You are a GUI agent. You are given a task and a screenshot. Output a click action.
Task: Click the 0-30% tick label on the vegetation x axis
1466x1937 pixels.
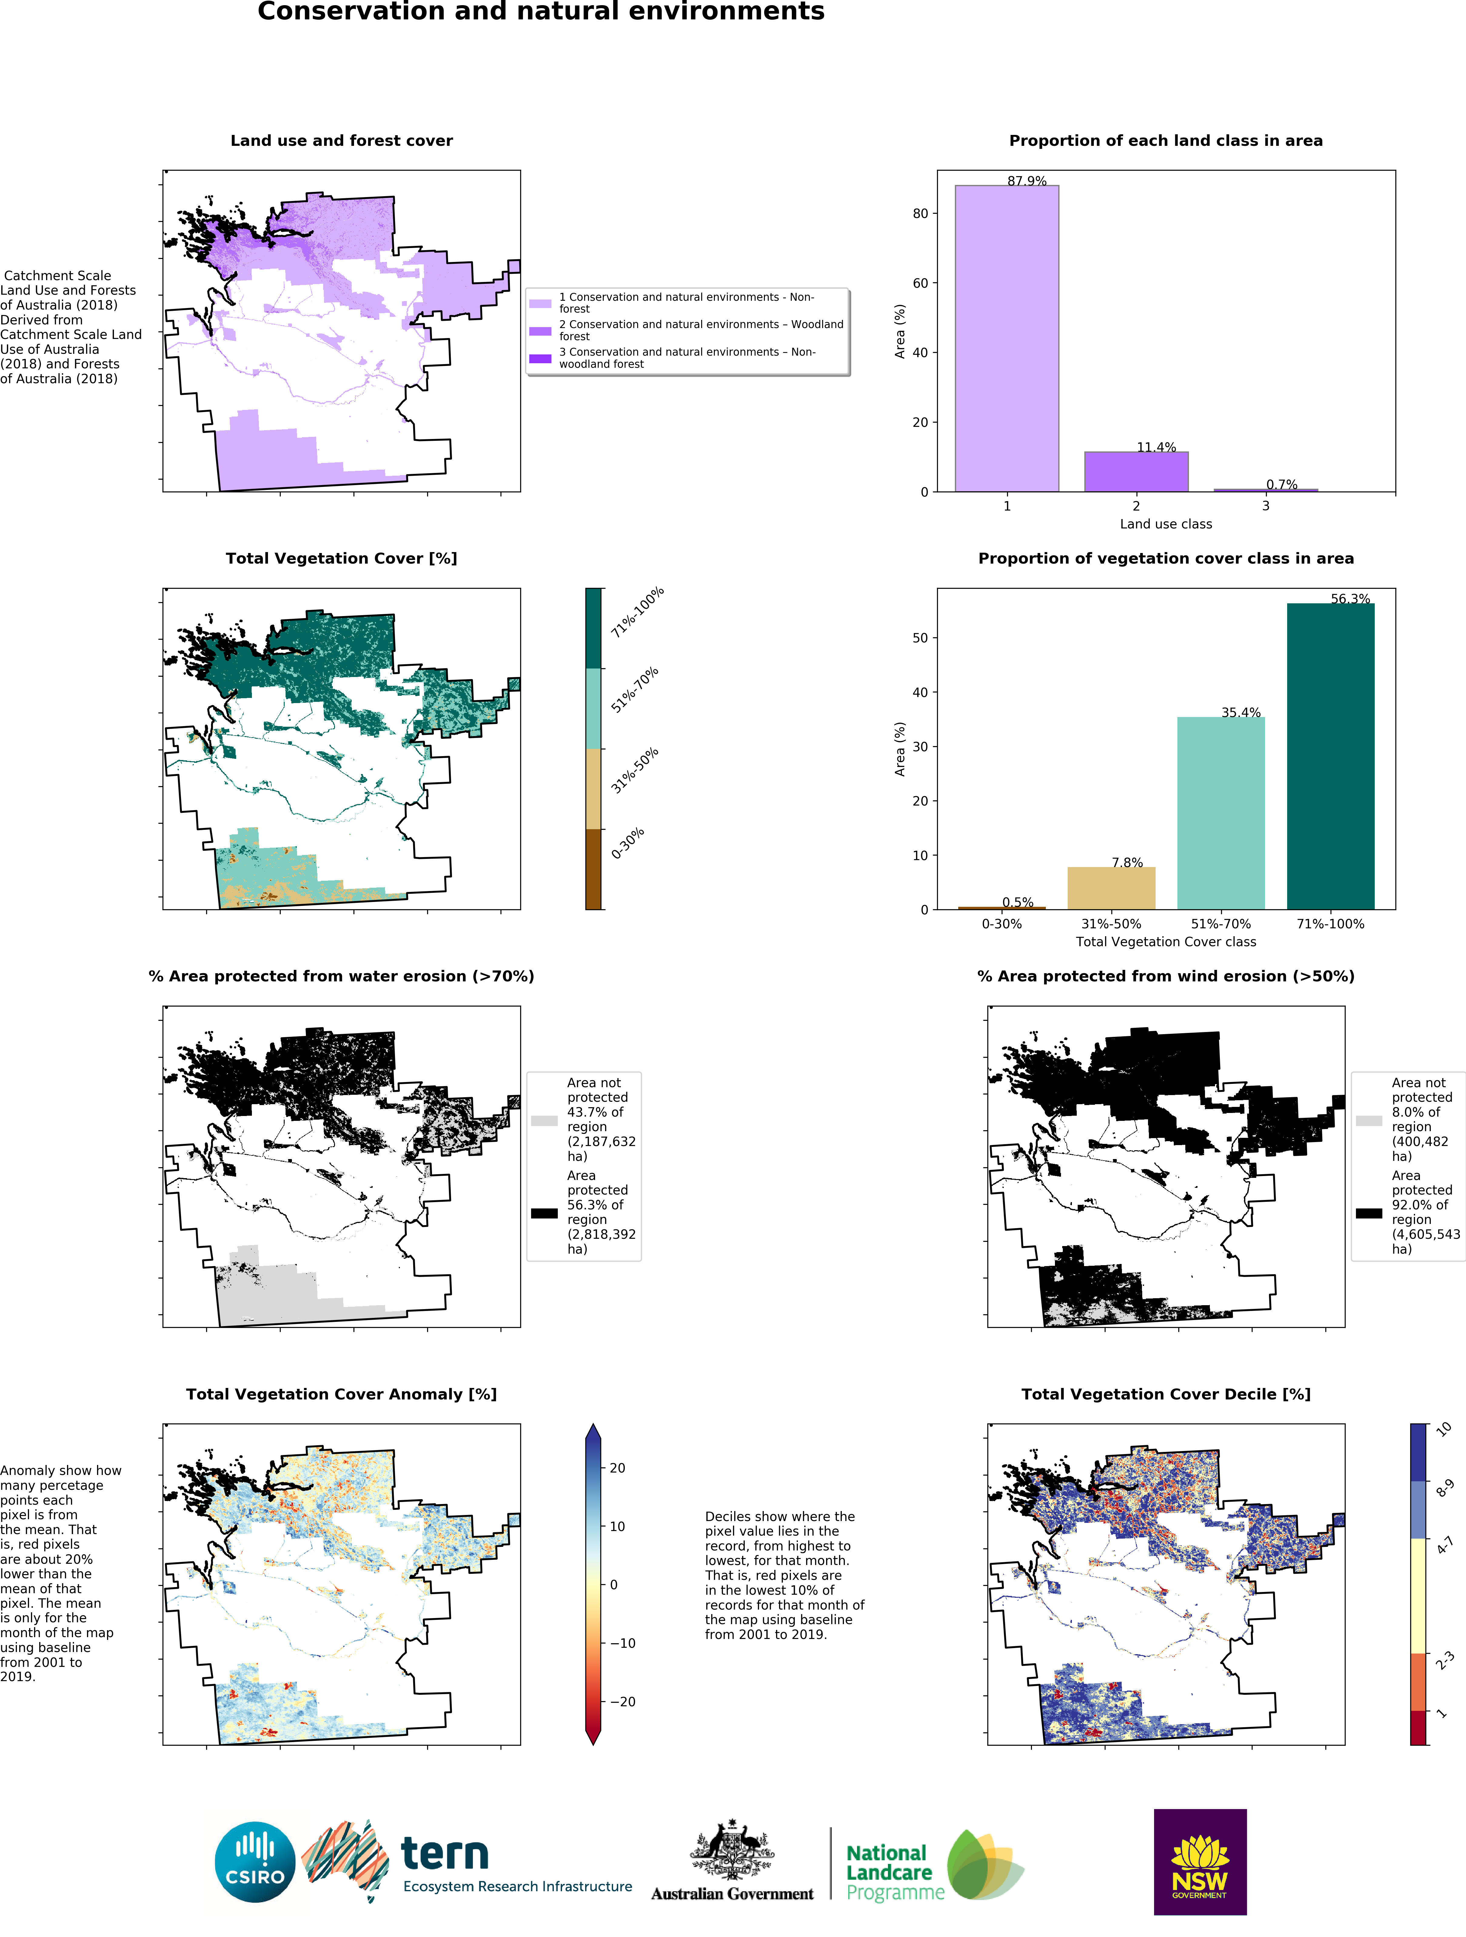coord(1001,924)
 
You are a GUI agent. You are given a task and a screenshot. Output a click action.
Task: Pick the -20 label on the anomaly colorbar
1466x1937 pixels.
coord(622,1701)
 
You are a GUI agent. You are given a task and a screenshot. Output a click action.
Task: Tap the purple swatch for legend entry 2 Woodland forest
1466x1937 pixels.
coord(540,331)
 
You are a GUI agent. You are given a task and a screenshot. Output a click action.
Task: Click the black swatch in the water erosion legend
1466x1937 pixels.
coord(544,1213)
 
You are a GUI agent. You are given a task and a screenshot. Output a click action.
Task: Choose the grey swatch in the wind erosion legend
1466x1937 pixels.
coord(1369,1120)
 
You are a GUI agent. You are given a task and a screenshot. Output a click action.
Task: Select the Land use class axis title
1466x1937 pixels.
coord(1166,524)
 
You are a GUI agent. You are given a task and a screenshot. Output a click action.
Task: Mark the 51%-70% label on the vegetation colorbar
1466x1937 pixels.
coord(634,690)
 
